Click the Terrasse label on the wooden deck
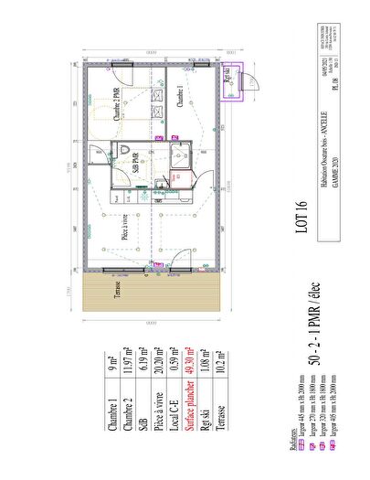coord(117,294)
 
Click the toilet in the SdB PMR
coord(122,151)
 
